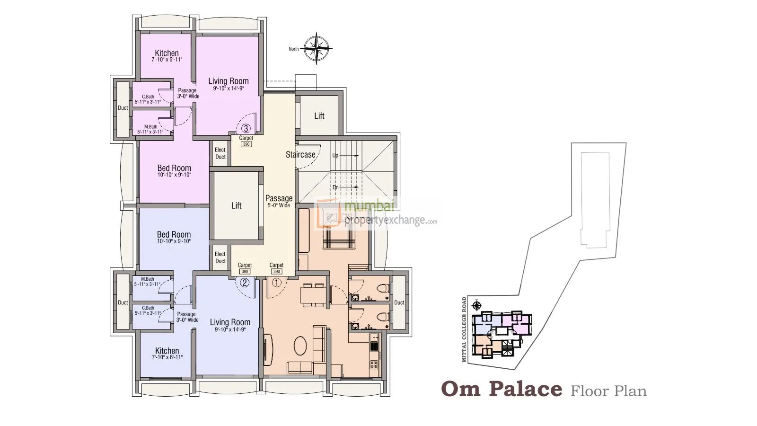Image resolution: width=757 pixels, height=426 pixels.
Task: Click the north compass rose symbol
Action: coord(317,48)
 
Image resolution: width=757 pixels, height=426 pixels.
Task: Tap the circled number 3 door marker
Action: coord(246,128)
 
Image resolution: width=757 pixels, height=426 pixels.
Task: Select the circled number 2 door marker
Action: coord(245,283)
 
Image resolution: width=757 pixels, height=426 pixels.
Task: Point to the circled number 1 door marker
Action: coord(277,283)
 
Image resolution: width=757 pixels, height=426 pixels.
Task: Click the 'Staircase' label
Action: coord(300,154)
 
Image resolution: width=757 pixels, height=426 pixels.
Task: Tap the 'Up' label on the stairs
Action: coord(335,155)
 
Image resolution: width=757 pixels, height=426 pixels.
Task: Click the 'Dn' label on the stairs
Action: coord(335,187)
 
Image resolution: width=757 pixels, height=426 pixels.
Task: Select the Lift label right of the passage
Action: coord(319,116)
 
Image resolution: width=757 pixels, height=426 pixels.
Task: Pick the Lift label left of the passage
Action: coord(236,205)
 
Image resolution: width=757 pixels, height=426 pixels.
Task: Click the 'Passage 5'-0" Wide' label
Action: coord(279,201)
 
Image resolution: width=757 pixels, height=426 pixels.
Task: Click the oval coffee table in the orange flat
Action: coord(300,346)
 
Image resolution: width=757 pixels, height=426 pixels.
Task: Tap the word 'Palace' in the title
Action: coord(525,389)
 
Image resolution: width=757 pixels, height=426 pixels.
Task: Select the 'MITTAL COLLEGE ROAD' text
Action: coord(464,329)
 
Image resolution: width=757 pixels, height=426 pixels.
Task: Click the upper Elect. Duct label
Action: coord(220,153)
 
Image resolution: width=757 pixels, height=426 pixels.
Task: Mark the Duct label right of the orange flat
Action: coord(399,302)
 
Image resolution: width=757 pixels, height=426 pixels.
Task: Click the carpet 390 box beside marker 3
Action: coord(246,144)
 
